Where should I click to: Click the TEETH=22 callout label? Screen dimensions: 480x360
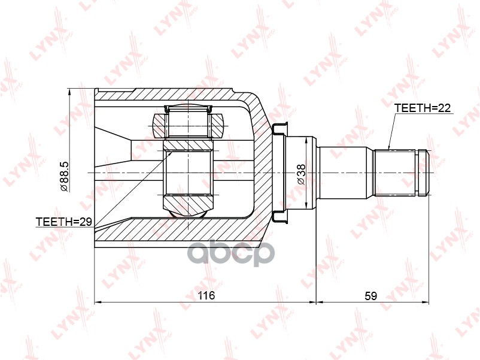click(x=422, y=108)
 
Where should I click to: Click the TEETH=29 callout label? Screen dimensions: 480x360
click(x=64, y=222)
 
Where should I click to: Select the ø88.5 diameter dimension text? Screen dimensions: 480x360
click(x=65, y=176)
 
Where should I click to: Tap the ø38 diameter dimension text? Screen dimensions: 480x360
click(x=301, y=174)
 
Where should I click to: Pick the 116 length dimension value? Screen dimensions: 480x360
click(x=206, y=295)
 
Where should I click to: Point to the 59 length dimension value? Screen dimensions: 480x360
click(x=370, y=296)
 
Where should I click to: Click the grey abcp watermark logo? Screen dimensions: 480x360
click(x=231, y=253)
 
